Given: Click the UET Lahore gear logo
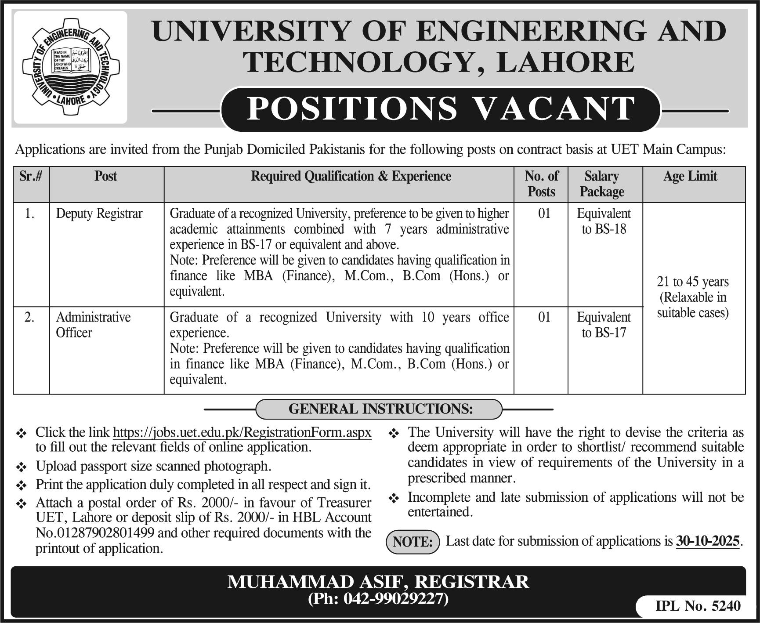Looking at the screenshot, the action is point(71,67).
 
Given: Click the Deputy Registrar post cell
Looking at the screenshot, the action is point(99,214).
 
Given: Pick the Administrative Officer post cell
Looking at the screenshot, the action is point(93,325).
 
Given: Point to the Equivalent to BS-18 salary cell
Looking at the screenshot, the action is point(604,221).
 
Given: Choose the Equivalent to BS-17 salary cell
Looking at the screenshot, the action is point(604,325).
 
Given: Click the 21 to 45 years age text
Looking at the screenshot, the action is point(693,282).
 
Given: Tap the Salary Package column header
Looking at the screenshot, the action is point(602,184).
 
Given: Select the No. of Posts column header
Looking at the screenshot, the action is point(541,184).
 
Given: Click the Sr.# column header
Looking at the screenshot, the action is point(31,177).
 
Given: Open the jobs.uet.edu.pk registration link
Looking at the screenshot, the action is point(242,432).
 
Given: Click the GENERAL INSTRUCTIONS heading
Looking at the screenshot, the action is point(380,409).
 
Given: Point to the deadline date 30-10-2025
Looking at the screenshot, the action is point(708,541).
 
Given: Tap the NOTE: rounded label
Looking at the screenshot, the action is point(413,542).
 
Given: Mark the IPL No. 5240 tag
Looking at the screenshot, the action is point(698,606).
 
